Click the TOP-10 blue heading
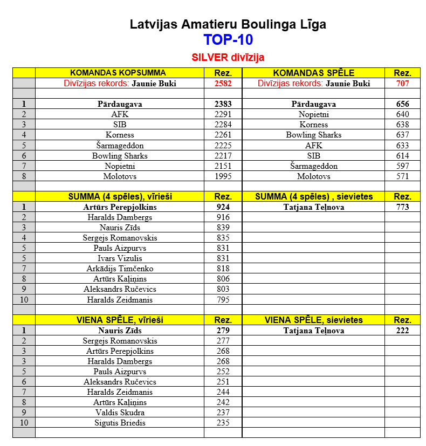coord(228,40)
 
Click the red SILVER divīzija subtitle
coord(228,57)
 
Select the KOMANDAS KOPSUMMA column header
coord(118,73)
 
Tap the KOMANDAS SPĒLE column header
coord(313,73)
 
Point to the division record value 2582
coord(223,84)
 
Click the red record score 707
coord(402,84)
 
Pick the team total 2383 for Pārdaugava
coord(223,104)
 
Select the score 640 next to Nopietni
coord(402,114)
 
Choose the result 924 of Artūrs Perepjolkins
coord(223,207)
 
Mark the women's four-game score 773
coord(402,207)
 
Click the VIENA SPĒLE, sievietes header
coord(313,320)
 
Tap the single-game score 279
coord(223,331)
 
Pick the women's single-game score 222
coord(402,331)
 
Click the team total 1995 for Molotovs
coord(223,176)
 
